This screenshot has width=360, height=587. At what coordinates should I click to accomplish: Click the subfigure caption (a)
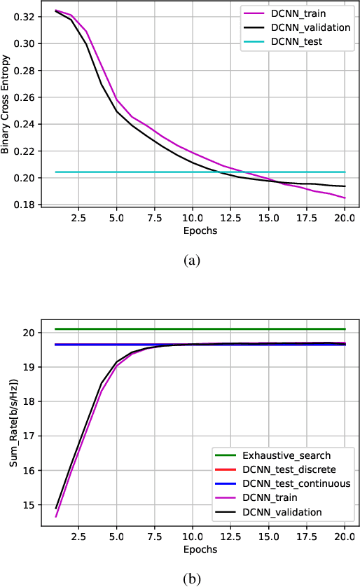coord(191,260)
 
